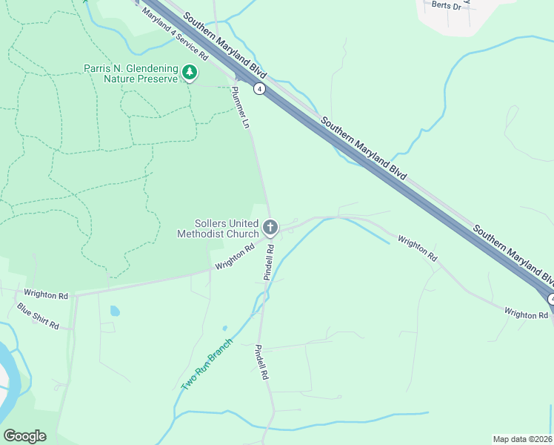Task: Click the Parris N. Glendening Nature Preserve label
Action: point(131,73)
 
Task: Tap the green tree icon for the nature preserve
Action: point(191,73)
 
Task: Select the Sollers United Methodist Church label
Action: point(216,228)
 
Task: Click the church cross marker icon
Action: point(270,226)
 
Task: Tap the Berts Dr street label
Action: point(447,6)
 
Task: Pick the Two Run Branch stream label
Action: point(207,365)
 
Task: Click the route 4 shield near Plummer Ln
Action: point(258,89)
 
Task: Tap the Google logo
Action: point(24,436)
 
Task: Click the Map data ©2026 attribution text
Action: point(523,439)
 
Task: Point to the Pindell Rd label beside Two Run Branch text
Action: point(260,362)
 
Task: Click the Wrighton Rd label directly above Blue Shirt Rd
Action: point(45,294)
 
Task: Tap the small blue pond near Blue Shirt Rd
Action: point(114,311)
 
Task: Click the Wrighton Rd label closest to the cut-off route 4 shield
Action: point(526,315)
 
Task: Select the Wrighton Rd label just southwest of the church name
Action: point(235,257)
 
